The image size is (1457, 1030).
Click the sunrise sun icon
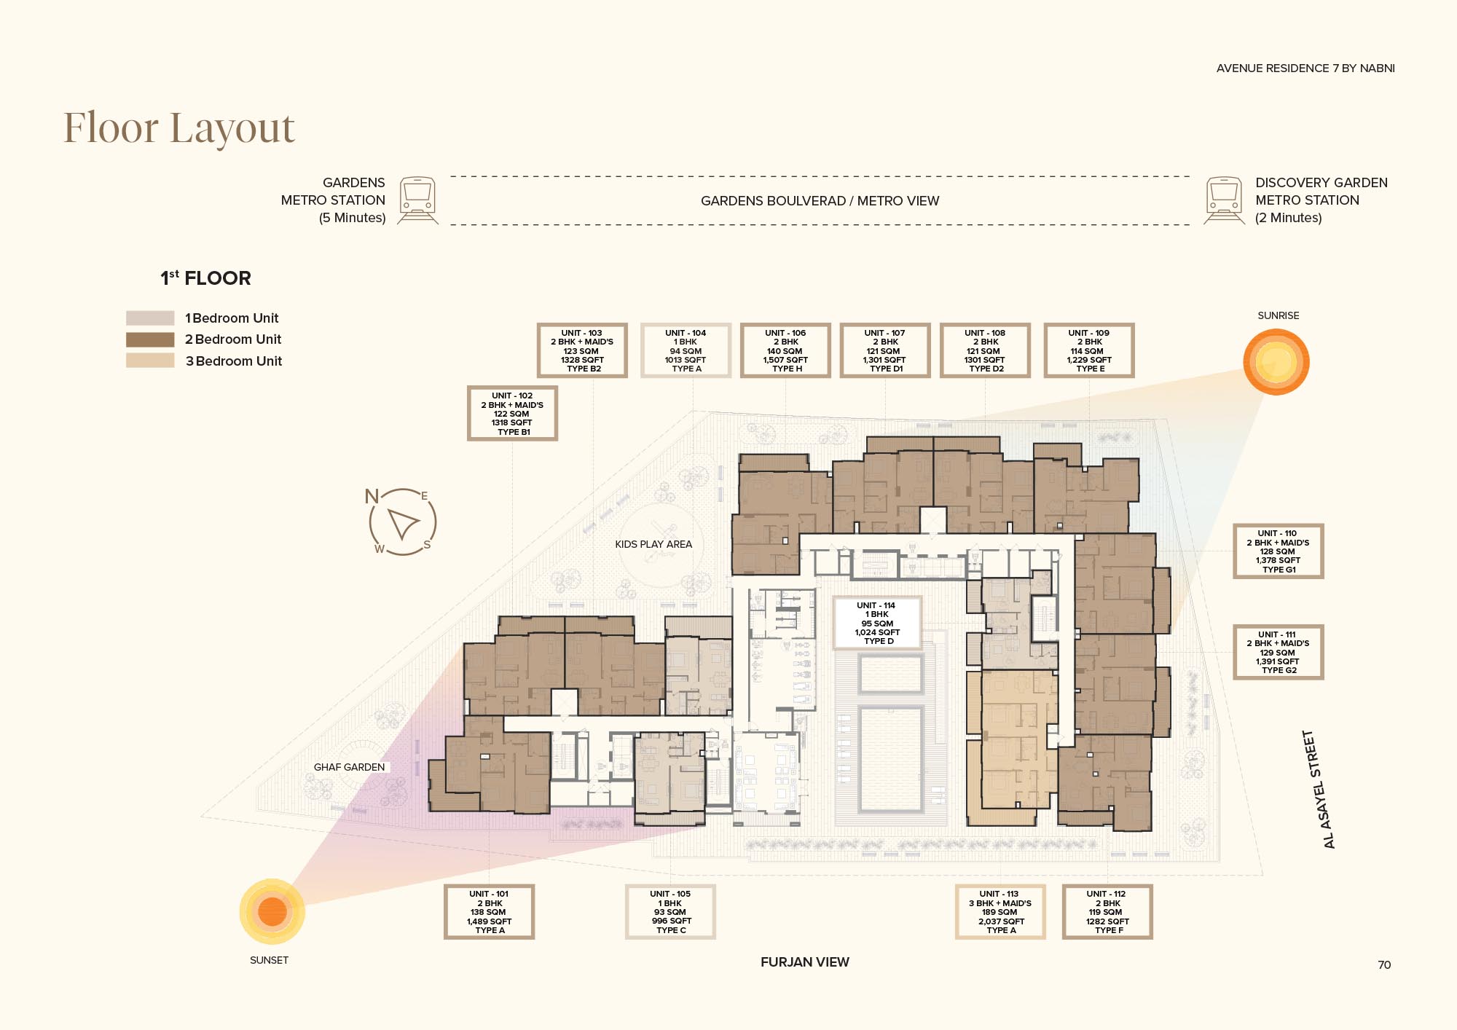coord(1276,362)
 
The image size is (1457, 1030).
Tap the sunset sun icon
coord(272,911)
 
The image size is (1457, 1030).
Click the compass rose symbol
coord(403,522)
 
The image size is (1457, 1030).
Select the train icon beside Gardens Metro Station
coord(418,200)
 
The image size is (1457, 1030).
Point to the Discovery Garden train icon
coord(1225,200)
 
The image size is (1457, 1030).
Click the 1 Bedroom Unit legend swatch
coord(150,318)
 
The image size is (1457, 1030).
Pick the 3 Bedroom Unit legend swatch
coord(150,361)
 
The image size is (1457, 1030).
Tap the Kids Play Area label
coord(653,544)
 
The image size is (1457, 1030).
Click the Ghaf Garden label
coord(349,767)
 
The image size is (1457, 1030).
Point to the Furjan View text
coord(805,962)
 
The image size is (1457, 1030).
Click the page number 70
coord(1384,965)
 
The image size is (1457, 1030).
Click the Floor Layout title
coord(179,128)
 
